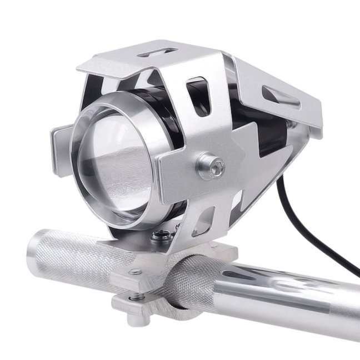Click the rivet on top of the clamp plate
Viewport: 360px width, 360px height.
(134, 272)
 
